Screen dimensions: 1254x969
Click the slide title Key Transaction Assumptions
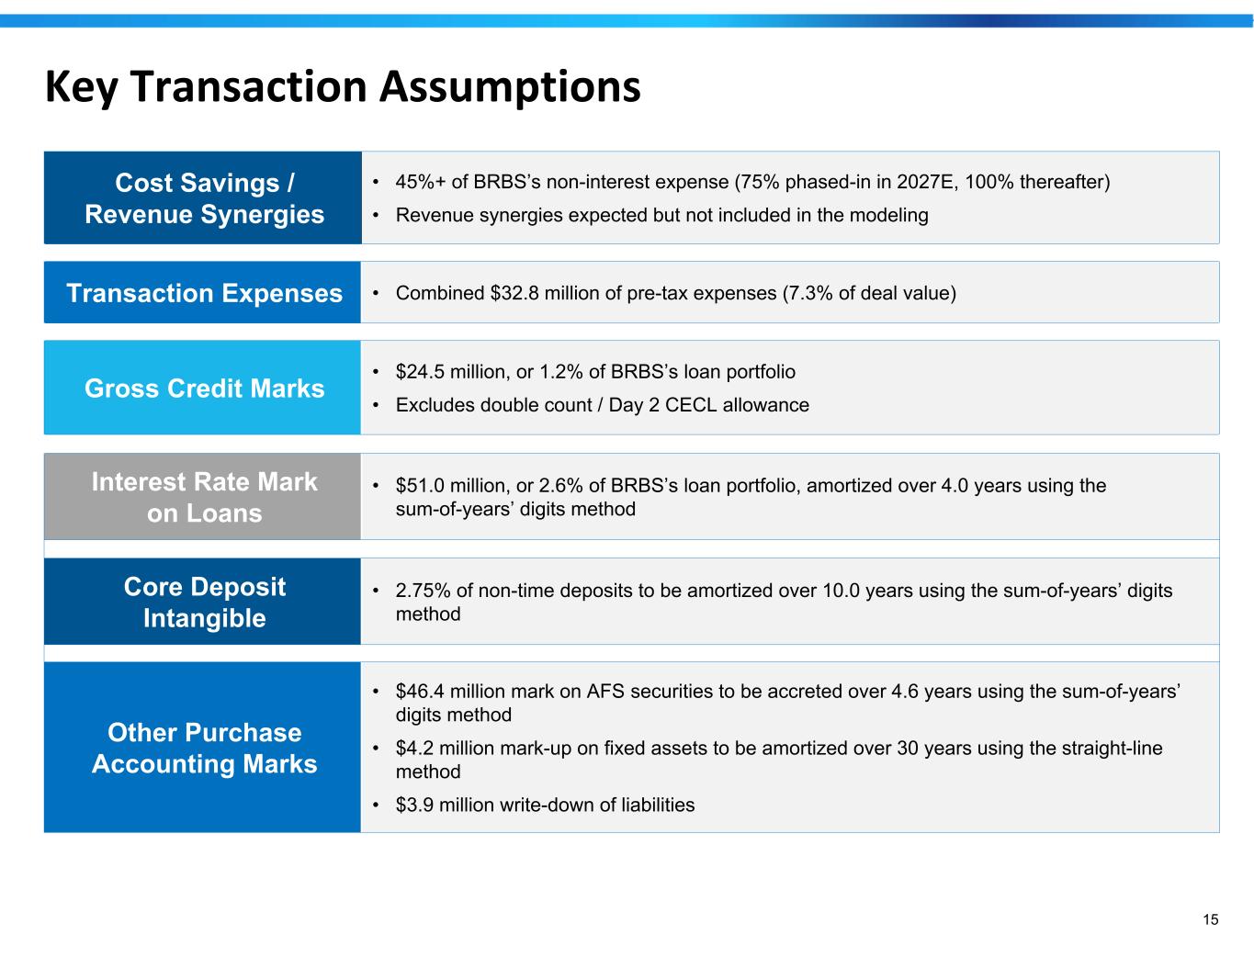tap(343, 87)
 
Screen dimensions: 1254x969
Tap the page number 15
tap(1210, 919)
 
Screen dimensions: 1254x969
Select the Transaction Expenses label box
tap(202, 292)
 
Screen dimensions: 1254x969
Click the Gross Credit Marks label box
tap(202, 388)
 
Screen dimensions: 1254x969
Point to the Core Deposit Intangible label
tap(204, 603)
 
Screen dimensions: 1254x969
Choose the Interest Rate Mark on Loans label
tap(204, 497)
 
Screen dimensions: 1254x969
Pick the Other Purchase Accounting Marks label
tap(204, 748)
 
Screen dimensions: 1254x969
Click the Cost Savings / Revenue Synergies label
tap(204, 198)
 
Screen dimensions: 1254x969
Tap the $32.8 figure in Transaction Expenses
tap(514, 293)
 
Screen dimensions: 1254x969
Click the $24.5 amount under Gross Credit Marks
tap(420, 371)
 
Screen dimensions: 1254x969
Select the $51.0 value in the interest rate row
tap(420, 486)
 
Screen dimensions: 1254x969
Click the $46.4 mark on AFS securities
tap(420, 691)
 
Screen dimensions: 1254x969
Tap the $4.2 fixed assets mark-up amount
tap(414, 748)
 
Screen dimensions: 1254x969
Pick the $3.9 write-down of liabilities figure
tap(414, 805)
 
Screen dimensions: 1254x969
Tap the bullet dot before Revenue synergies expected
tap(376, 216)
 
